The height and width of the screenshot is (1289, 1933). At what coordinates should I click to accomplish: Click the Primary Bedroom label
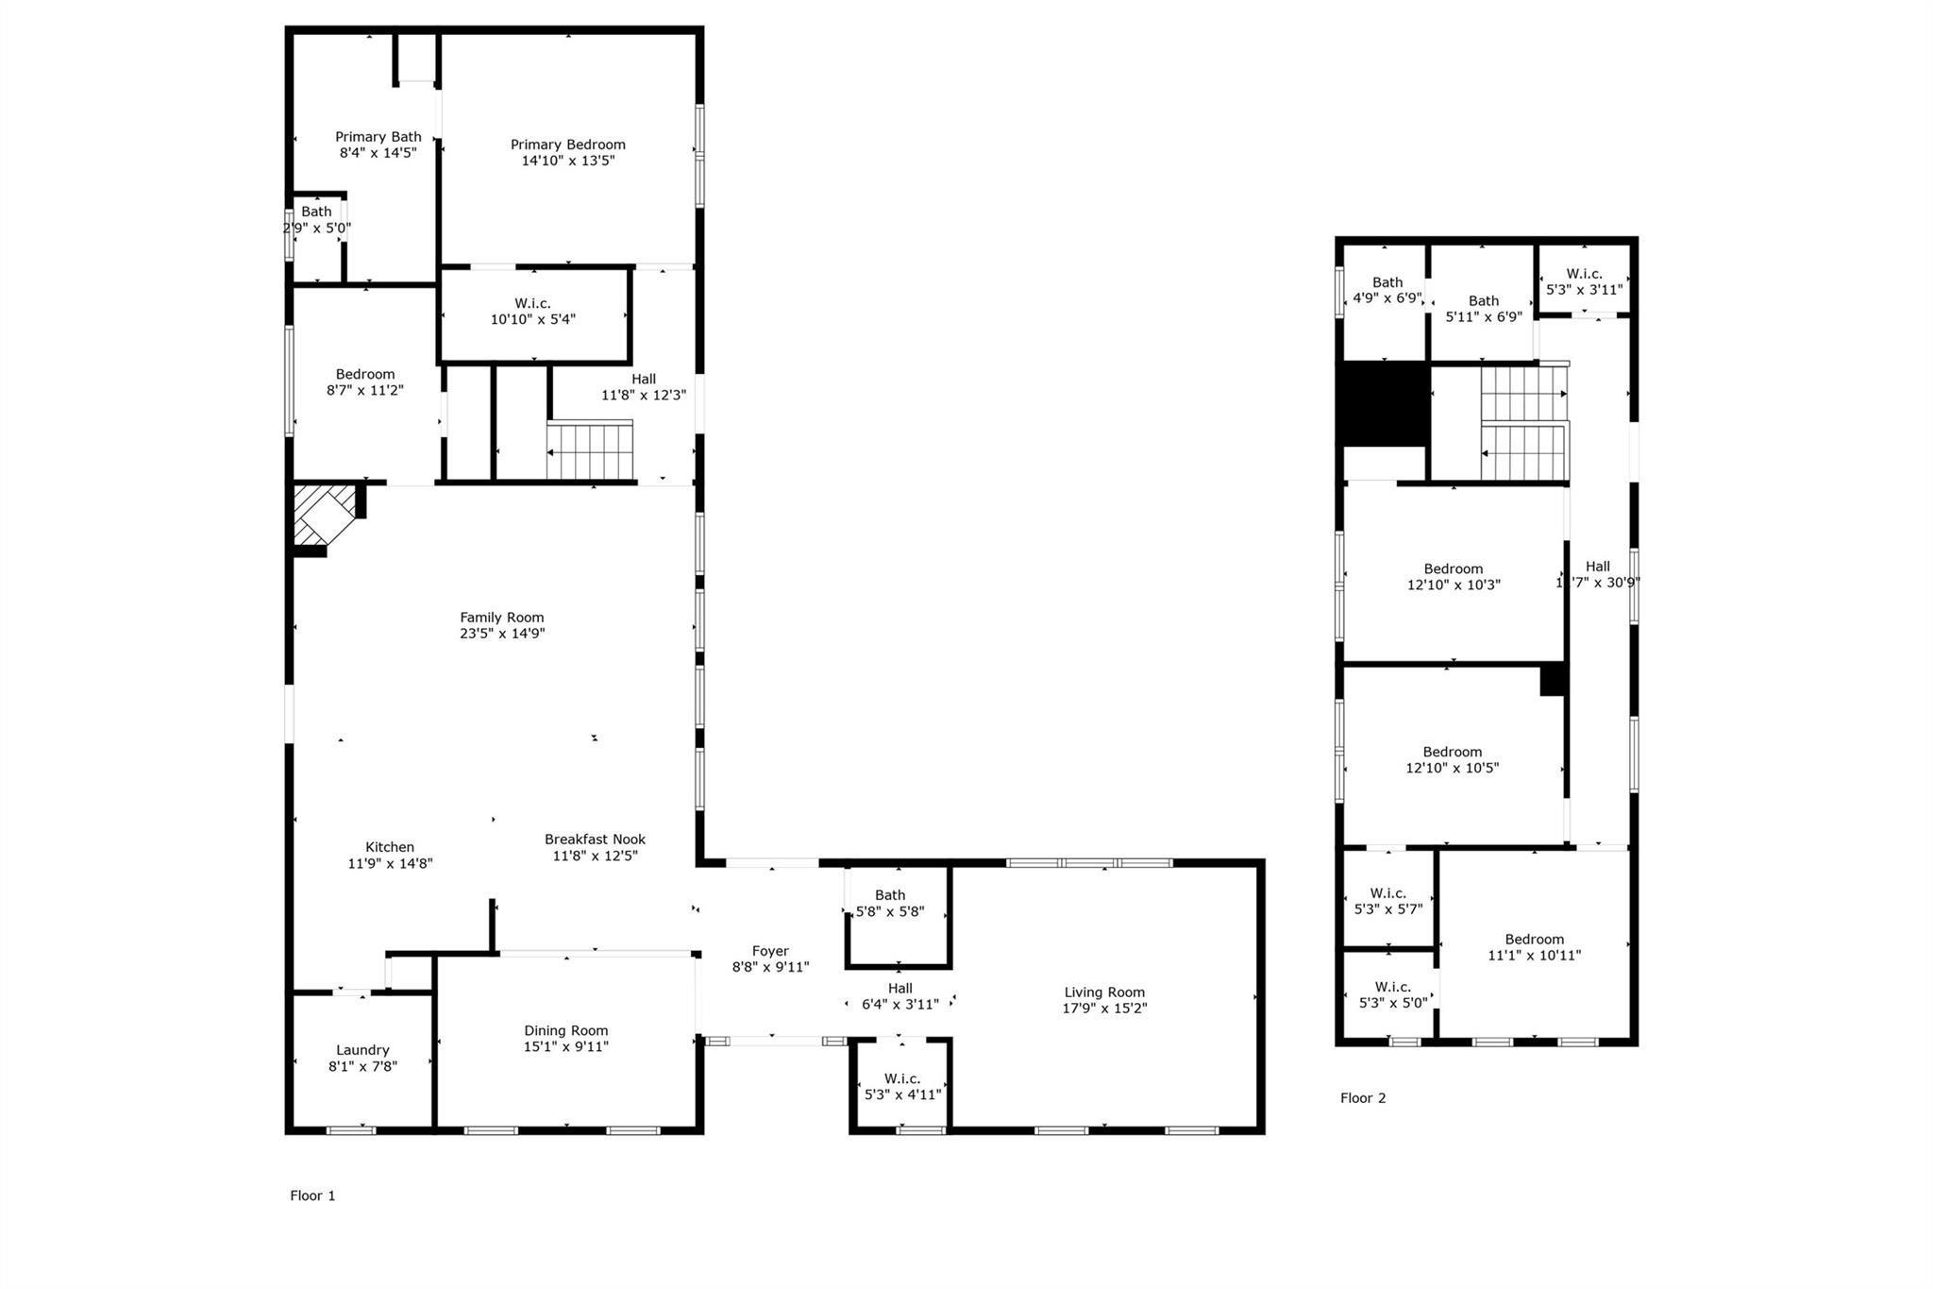tap(567, 144)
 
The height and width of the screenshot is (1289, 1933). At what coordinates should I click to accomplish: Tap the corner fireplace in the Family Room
tap(321, 515)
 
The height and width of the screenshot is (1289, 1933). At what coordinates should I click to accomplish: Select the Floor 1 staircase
tap(589, 452)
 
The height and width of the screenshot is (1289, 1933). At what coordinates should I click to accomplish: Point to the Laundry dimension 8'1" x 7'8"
tap(362, 1066)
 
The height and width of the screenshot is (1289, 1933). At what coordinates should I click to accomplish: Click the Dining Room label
tap(565, 1030)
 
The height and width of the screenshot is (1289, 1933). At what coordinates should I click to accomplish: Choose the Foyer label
tap(770, 951)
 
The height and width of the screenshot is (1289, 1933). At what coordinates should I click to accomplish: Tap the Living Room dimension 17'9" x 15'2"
tap(1104, 1008)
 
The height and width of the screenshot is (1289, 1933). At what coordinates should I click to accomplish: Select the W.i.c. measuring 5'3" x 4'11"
tap(902, 1086)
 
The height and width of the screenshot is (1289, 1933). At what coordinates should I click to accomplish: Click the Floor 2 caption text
tap(1363, 1097)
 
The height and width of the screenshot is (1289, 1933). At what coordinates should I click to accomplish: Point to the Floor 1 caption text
tap(312, 1196)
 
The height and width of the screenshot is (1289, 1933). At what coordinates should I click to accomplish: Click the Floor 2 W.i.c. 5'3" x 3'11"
tap(1584, 281)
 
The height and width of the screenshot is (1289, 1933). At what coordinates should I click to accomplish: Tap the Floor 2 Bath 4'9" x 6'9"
tap(1387, 290)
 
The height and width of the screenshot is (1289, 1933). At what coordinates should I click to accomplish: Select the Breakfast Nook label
tap(595, 840)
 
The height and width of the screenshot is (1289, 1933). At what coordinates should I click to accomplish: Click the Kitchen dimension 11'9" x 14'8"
tap(390, 863)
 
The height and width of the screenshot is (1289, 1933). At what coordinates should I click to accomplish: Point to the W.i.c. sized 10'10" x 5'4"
tap(532, 312)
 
